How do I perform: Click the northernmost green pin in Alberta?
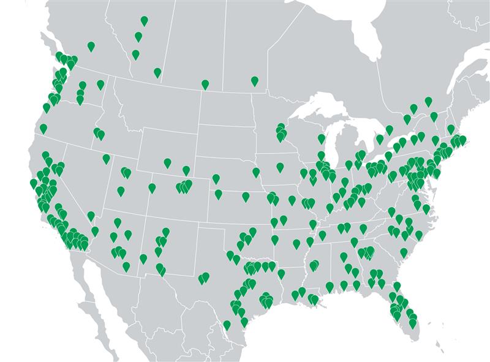(x=144, y=21)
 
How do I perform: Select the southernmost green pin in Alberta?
(x=157, y=72)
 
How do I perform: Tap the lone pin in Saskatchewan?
(x=205, y=84)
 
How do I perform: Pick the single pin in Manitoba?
(x=255, y=80)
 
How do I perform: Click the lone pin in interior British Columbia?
(x=91, y=46)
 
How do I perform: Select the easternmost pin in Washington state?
(x=100, y=85)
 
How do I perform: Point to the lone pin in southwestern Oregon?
(x=43, y=128)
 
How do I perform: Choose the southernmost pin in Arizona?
(x=126, y=266)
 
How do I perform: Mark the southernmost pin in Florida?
(x=413, y=323)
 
